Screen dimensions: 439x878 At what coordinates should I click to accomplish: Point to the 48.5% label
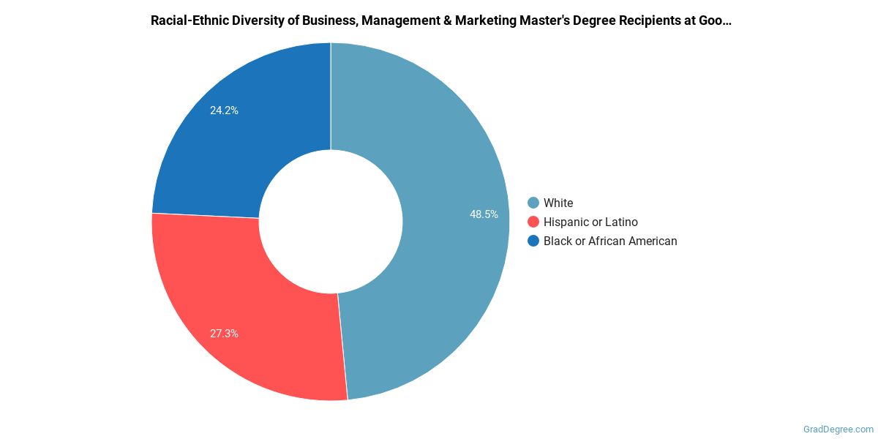[x=484, y=214]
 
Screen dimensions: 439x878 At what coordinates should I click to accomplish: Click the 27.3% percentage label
[x=224, y=334]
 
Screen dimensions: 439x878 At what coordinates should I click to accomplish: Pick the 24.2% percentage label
[x=224, y=110]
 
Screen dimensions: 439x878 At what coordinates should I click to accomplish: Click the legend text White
[x=558, y=203]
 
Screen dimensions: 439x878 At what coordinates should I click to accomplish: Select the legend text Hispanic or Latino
[x=590, y=222]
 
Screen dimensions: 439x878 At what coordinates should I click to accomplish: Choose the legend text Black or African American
[x=610, y=241]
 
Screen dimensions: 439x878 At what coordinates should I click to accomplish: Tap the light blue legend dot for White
[x=533, y=203]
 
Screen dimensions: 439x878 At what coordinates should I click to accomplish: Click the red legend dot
[x=533, y=222]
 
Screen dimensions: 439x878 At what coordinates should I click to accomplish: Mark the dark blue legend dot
[x=533, y=241]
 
